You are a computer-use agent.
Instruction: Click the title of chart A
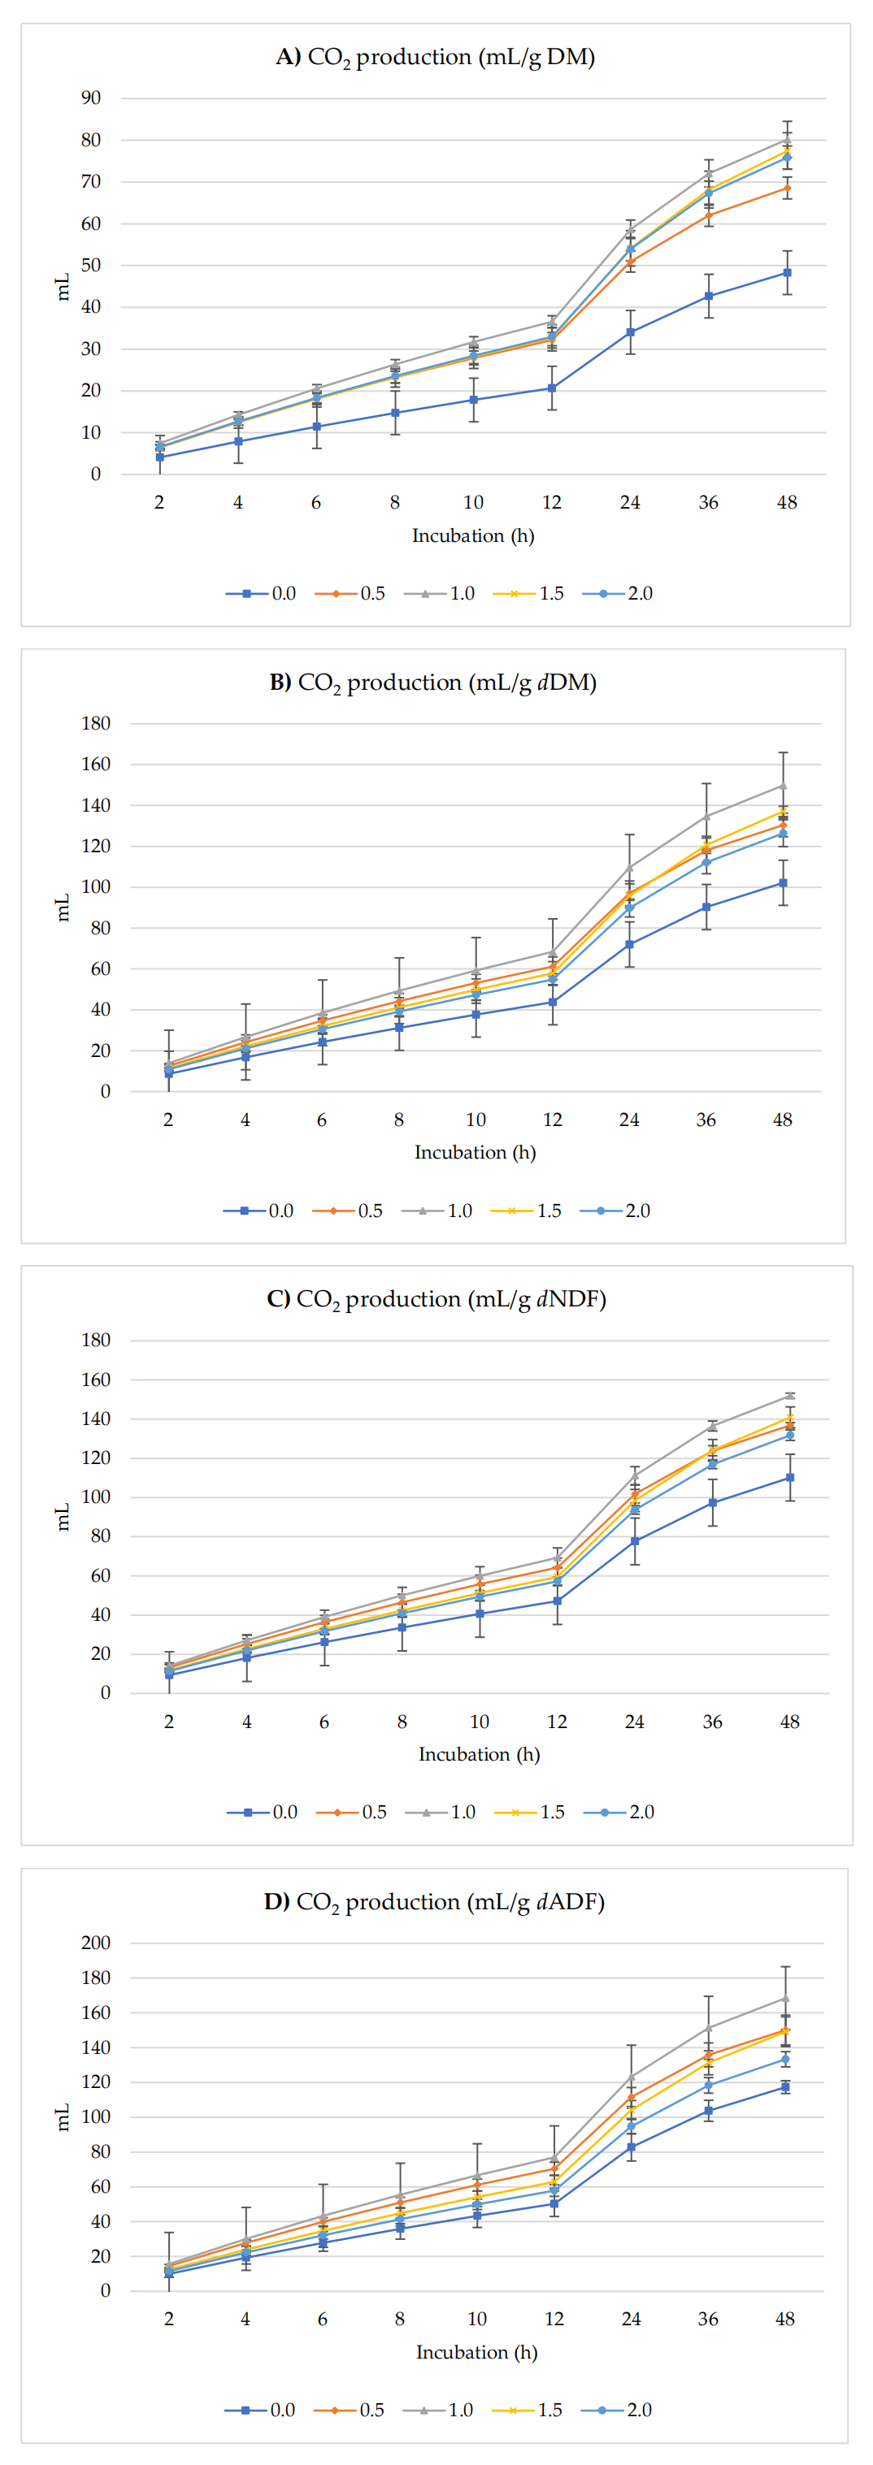(436, 58)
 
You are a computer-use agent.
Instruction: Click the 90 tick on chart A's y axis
(91, 97)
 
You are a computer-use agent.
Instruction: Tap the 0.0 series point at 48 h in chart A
(787, 273)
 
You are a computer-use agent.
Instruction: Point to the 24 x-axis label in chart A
(630, 502)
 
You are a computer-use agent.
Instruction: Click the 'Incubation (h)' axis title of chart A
(473, 536)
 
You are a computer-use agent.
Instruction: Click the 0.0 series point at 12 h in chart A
(552, 388)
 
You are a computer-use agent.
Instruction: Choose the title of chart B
(432, 682)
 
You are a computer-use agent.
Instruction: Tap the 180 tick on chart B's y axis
(96, 723)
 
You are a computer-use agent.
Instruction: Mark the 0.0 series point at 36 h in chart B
(706, 908)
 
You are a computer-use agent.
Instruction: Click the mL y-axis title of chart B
(63, 908)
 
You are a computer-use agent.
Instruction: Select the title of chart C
(436, 1298)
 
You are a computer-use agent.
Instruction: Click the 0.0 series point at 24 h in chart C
(635, 1541)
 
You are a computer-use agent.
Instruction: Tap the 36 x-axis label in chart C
(712, 1722)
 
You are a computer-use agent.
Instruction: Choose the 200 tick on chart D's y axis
(96, 1943)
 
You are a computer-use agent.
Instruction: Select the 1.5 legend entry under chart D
(528, 2410)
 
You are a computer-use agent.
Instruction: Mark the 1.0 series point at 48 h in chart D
(785, 1998)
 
